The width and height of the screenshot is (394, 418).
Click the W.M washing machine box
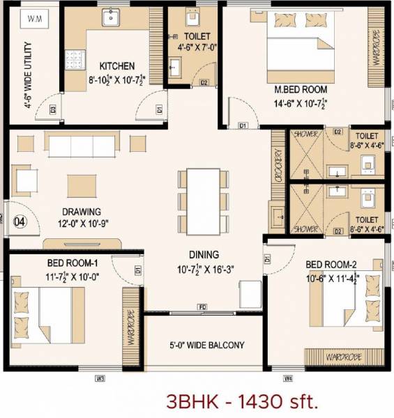coord(33,20)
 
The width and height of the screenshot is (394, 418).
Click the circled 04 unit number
coord(20,222)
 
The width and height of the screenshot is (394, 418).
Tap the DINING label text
coord(203,254)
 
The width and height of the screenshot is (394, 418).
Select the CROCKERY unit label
coord(279,167)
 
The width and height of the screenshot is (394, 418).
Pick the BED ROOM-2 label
coord(329,265)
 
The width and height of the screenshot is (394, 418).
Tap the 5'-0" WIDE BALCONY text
coord(208,345)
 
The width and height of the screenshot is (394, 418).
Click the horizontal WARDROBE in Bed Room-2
coord(342,357)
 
